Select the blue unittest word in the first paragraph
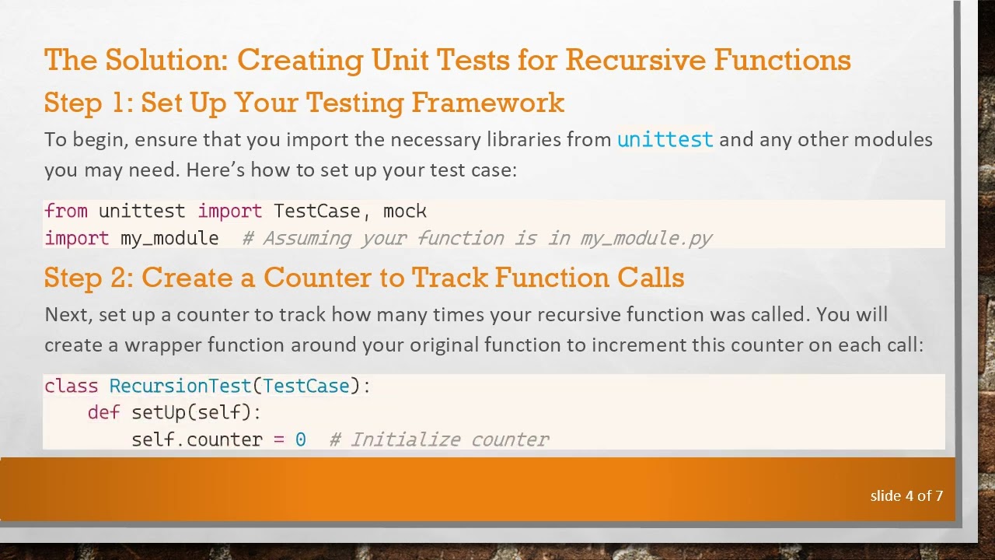tap(665, 140)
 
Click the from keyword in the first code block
tap(66, 212)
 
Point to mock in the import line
tap(405, 212)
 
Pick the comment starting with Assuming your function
tap(477, 238)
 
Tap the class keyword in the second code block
tap(72, 387)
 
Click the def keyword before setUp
tap(103, 413)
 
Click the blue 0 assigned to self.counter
tap(301, 440)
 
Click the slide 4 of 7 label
tap(906, 495)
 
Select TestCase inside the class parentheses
tap(305, 387)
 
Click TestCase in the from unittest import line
tap(316, 212)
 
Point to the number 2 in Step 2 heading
tap(122, 278)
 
